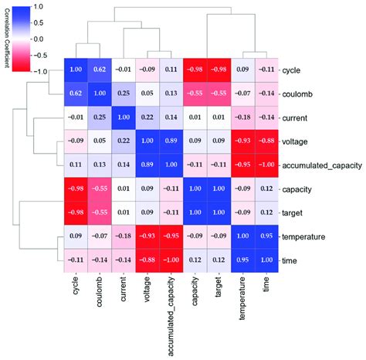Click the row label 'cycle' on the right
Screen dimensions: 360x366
click(294, 70)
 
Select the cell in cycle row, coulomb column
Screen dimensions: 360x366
click(98, 70)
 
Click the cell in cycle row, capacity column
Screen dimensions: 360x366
click(195, 70)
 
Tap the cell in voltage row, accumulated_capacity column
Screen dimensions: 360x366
click(171, 141)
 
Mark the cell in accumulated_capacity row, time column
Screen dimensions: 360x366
click(266, 165)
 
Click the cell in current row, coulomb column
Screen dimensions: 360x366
click(98, 117)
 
